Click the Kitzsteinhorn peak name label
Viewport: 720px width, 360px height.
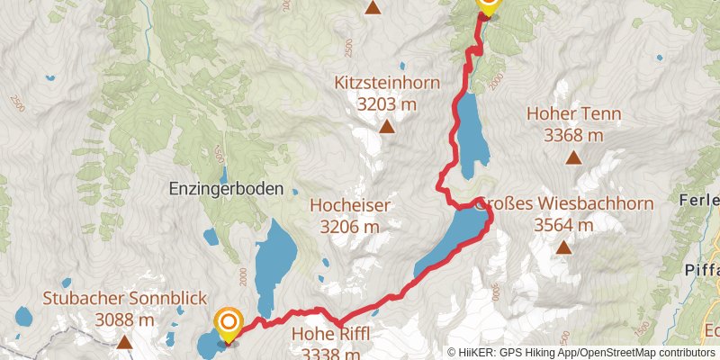(x=387, y=83)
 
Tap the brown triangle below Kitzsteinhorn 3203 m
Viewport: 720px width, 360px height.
(x=387, y=127)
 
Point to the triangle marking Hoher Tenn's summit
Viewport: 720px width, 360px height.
(x=573, y=158)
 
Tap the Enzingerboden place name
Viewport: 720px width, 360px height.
(x=232, y=189)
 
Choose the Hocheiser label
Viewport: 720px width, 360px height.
(x=349, y=205)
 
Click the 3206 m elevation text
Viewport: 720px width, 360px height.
(x=349, y=227)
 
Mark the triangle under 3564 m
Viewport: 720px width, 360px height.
(x=563, y=247)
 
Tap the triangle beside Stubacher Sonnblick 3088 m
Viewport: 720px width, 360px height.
(x=122, y=342)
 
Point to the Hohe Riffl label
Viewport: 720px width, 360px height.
(x=330, y=335)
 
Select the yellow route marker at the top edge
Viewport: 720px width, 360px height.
(x=487, y=5)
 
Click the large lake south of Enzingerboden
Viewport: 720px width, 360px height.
(x=275, y=261)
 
